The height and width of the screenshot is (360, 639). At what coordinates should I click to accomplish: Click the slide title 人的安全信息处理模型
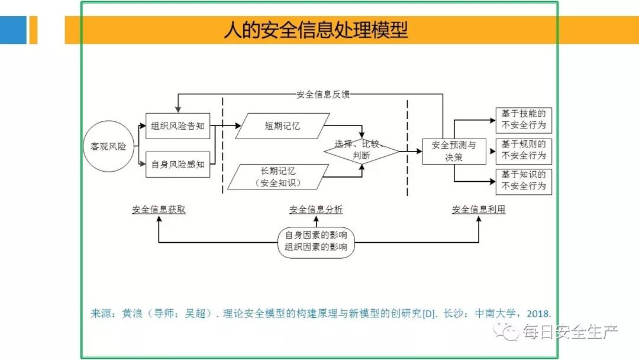(x=315, y=30)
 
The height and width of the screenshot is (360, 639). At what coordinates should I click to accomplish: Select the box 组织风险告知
(x=177, y=126)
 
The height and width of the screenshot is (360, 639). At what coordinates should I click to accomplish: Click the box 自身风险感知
(x=177, y=165)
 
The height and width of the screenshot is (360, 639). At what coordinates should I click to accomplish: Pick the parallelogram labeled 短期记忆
(x=282, y=126)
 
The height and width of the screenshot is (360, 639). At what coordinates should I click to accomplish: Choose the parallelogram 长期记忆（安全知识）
(x=278, y=177)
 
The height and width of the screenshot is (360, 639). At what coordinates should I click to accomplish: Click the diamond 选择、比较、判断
(x=361, y=150)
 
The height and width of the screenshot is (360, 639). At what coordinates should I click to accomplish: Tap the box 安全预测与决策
(x=454, y=151)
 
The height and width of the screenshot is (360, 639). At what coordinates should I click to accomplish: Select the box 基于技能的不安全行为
(x=523, y=120)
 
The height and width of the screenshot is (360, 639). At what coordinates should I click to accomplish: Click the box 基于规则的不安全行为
(x=523, y=150)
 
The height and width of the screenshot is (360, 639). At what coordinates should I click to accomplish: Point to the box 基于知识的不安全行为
(x=523, y=181)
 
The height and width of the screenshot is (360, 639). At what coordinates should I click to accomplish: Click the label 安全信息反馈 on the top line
(x=324, y=94)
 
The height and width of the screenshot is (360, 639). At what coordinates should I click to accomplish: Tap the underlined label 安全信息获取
(x=159, y=210)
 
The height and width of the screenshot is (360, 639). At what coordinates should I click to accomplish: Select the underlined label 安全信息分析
(x=315, y=210)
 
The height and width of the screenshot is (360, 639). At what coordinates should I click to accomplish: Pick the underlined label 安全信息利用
(x=479, y=210)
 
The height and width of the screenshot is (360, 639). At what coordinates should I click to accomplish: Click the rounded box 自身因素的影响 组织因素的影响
(x=316, y=241)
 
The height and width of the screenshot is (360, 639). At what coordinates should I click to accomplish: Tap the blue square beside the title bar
(x=13, y=30)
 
